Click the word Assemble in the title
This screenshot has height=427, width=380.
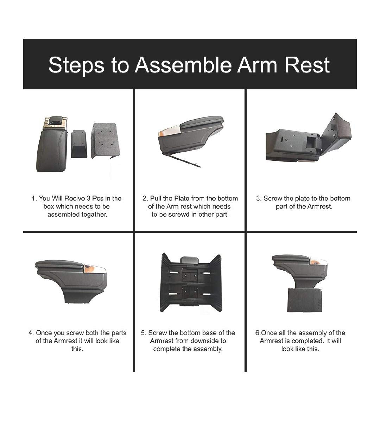pos(183,65)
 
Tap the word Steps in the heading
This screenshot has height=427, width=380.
pos(76,65)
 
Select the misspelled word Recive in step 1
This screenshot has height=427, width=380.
pos(75,198)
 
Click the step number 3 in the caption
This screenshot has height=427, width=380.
pos(259,198)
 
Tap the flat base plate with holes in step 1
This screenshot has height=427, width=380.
pos(106,141)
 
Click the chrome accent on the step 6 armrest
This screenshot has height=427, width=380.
pos(318,262)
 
